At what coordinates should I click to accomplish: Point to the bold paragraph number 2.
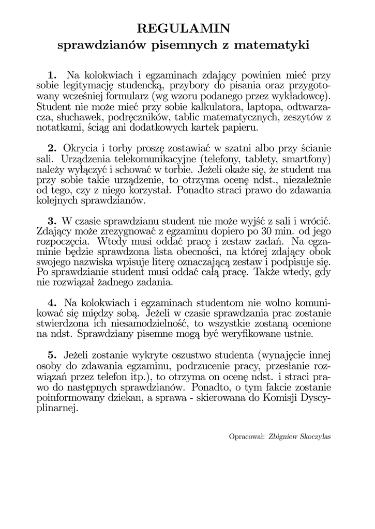(51, 148)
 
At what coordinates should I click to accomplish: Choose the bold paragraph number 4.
(51, 303)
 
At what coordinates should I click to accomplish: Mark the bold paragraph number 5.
(51, 356)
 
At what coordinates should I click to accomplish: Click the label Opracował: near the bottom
(246, 436)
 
